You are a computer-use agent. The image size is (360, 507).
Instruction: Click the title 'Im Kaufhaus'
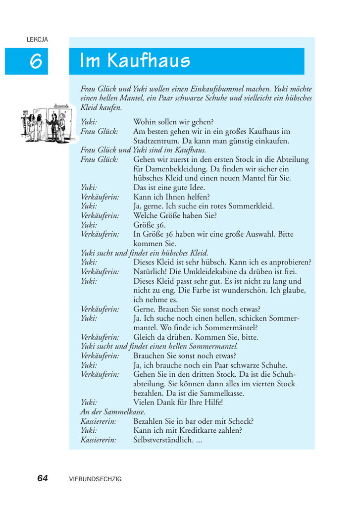click(135, 61)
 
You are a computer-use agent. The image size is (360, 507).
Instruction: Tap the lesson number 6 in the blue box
click(35, 61)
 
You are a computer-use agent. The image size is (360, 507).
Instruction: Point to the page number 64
click(43, 478)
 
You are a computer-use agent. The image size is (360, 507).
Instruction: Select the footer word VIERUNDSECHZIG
click(96, 479)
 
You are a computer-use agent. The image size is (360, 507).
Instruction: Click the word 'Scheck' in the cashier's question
click(242, 421)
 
